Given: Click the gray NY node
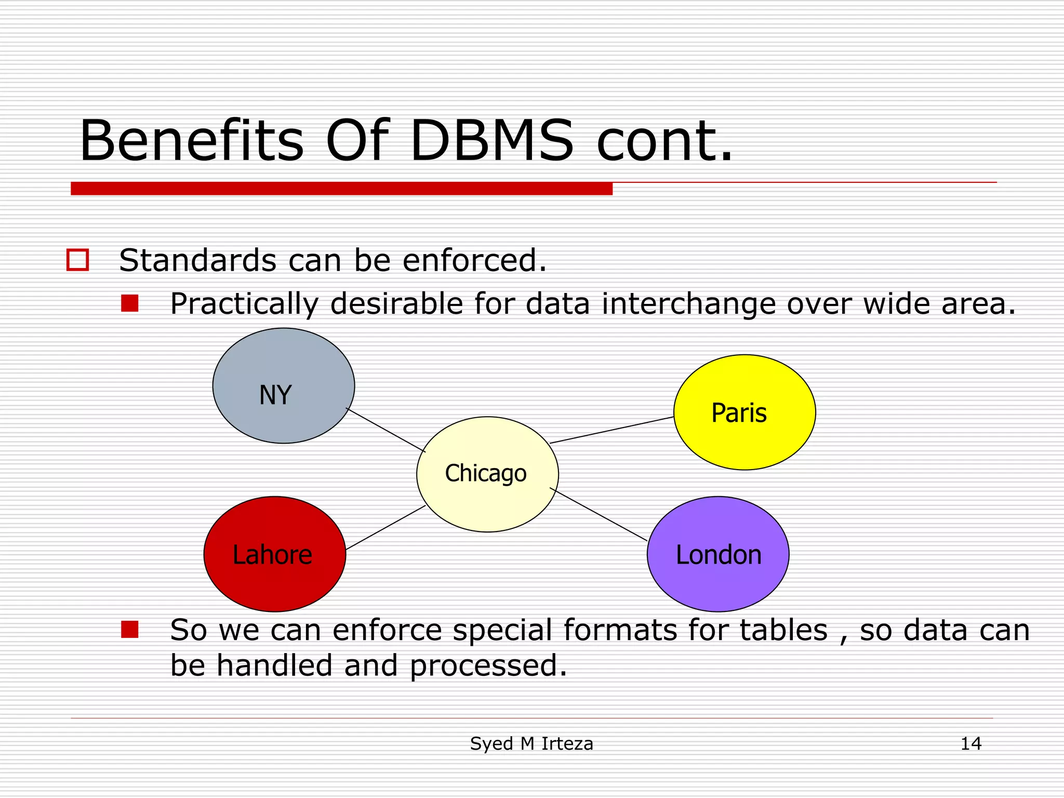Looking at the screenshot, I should click(283, 385).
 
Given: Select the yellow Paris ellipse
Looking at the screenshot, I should click(744, 412).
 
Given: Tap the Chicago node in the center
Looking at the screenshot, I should click(487, 474).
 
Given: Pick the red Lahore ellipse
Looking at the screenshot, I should click(274, 554).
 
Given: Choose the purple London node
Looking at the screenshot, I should click(718, 554).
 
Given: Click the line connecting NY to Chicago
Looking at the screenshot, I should click(385, 430).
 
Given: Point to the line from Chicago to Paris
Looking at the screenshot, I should click(611, 430).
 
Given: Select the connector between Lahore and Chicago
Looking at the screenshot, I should click(385, 527).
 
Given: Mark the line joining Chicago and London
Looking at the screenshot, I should click(598, 514).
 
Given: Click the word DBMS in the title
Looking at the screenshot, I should click(491, 141).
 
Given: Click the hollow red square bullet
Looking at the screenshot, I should click(78, 260).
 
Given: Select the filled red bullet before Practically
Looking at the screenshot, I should click(129, 303).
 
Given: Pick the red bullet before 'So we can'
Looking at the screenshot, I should click(129, 629).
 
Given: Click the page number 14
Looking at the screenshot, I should click(970, 743).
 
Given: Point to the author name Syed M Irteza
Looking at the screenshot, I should click(531, 743).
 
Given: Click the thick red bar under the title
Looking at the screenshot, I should click(341, 189).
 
